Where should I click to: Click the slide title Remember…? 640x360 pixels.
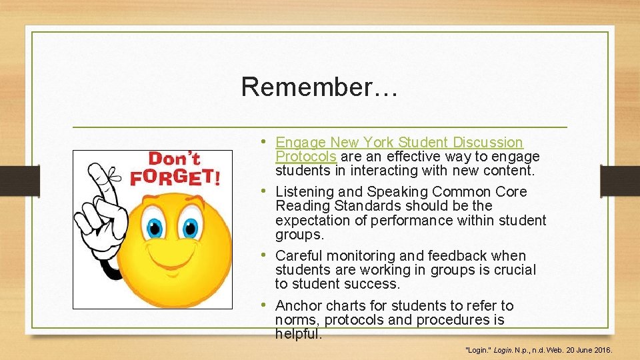pos(319,87)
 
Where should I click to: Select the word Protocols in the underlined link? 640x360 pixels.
pos(306,157)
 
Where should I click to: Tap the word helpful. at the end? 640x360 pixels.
pos(299,334)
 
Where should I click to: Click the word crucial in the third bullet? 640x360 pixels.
pos(513,270)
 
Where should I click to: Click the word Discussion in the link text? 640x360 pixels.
pos(488,143)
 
